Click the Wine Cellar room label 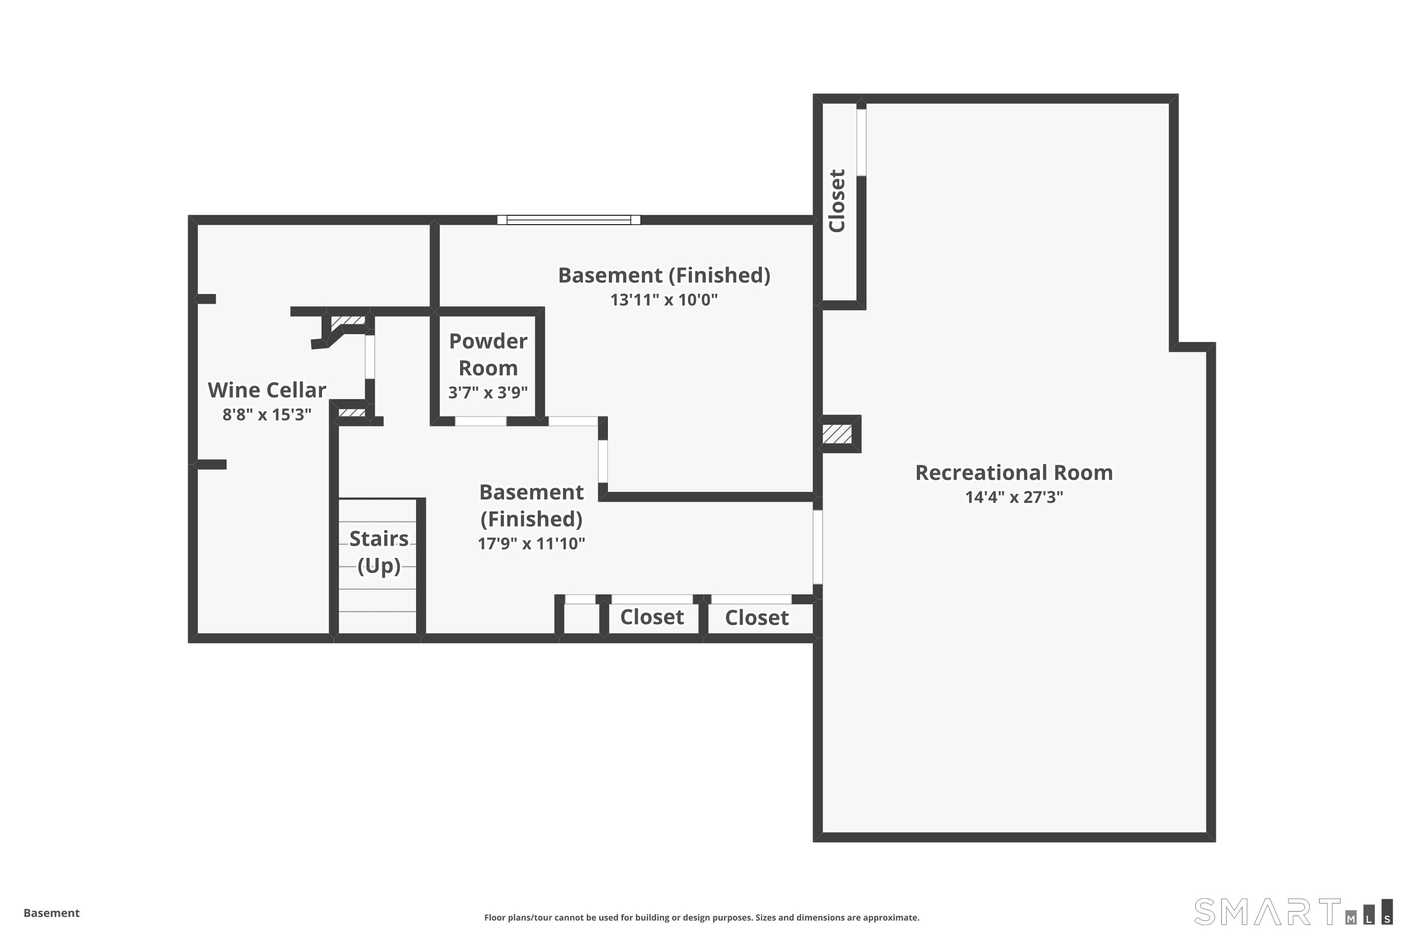pyautogui.click(x=267, y=390)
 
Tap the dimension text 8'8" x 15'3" pyautogui.click(x=267, y=414)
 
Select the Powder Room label pyautogui.click(x=488, y=355)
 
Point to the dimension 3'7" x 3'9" pyautogui.click(x=488, y=392)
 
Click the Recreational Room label pyautogui.click(x=1014, y=473)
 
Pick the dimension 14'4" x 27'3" pyautogui.click(x=1014, y=497)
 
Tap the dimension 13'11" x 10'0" pyautogui.click(x=663, y=300)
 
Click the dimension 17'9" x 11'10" pyautogui.click(x=531, y=543)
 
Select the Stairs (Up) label pyautogui.click(x=379, y=552)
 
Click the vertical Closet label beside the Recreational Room pyautogui.click(x=837, y=201)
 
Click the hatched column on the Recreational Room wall pyautogui.click(x=837, y=434)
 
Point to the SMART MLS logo pyautogui.click(x=1292, y=912)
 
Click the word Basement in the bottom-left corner pyautogui.click(x=51, y=913)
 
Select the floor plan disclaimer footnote pyautogui.click(x=702, y=917)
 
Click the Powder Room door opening pyautogui.click(x=481, y=421)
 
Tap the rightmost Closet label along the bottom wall pyautogui.click(x=756, y=618)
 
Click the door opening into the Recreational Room pyautogui.click(x=818, y=546)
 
